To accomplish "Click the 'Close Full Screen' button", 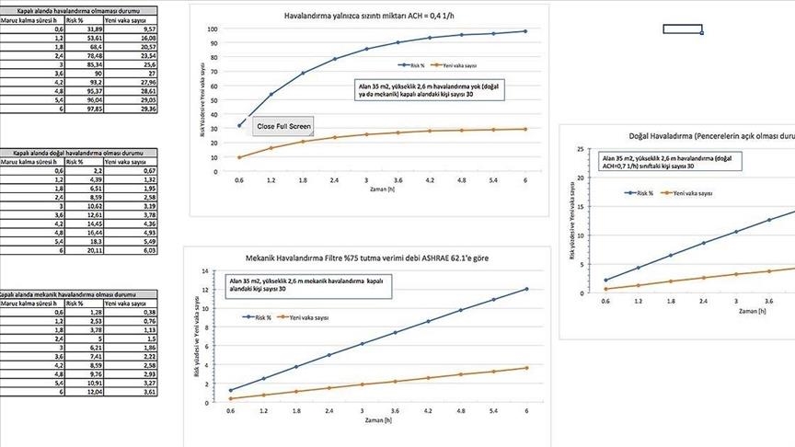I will coord(285,125).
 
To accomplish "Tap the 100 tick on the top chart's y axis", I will coord(212,29).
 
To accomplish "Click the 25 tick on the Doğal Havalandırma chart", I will coord(579,148).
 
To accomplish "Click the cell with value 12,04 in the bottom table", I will coord(89,391).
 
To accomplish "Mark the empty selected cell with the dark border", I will coord(682,29).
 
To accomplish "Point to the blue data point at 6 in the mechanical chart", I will coord(526,289).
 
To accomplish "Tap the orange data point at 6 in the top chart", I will coord(525,129).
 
